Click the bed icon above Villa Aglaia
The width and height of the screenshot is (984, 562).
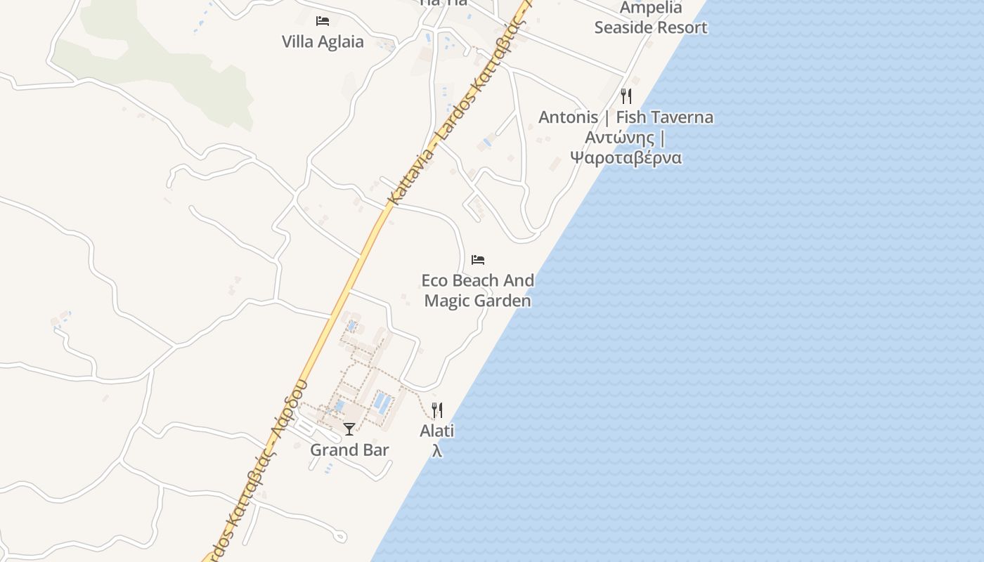pyautogui.click(x=323, y=21)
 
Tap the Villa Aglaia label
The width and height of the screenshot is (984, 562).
pyautogui.click(x=323, y=41)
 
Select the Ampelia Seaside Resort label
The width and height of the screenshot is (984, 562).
pyautogui.click(x=650, y=18)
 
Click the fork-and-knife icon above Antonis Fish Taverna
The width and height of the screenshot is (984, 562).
pyautogui.click(x=626, y=96)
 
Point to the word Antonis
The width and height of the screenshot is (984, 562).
pyautogui.click(x=568, y=117)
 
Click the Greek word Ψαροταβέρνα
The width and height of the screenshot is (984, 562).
pyautogui.click(x=626, y=157)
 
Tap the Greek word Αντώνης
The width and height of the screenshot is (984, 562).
pyautogui.click(x=619, y=137)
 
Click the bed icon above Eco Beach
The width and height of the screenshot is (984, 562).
pyautogui.click(x=478, y=260)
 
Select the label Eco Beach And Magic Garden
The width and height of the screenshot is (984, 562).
pyautogui.click(x=478, y=290)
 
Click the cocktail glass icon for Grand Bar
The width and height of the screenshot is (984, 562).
pyautogui.click(x=349, y=429)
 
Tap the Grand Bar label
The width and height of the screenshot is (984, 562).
pyautogui.click(x=349, y=450)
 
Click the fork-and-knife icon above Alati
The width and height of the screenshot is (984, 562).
pyautogui.click(x=437, y=410)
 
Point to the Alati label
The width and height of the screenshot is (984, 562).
pyautogui.click(x=437, y=431)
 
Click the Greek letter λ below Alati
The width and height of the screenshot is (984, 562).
pyautogui.click(x=437, y=450)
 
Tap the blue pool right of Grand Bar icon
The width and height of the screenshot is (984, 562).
pyautogui.click(x=382, y=402)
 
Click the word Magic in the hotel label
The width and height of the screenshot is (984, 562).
pyautogui.click(x=450, y=301)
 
